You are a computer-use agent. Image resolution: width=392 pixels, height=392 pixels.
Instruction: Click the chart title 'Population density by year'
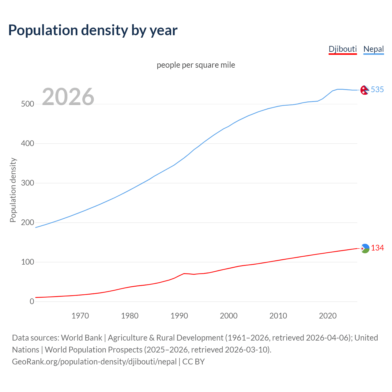pos(93,30)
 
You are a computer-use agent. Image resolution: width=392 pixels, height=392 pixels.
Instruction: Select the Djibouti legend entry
pos(343,49)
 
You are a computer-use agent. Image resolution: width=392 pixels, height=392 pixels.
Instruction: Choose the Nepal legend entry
pos(373,49)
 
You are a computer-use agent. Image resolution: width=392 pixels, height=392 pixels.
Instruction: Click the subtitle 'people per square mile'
pos(196,65)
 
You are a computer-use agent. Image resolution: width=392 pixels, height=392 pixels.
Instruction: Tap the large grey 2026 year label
pos(68,97)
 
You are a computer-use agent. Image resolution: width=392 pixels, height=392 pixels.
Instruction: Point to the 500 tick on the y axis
pos(28,104)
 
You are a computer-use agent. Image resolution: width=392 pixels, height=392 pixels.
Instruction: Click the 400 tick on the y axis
pos(28,144)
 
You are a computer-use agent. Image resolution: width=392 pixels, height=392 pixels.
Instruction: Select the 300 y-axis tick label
pos(28,183)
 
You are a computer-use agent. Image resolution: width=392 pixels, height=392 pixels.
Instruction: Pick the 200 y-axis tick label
pos(28,223)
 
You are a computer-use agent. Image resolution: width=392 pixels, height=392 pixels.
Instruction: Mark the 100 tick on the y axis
pos(28,262)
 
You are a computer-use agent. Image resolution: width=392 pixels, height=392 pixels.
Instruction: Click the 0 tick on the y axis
pos(32,302)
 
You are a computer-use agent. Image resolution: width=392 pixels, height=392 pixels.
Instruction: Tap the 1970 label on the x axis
pos(80,316)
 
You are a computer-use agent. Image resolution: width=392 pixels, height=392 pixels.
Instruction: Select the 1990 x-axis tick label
pos(179,316)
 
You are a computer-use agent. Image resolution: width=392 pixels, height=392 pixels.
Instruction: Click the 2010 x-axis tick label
pos(278,316)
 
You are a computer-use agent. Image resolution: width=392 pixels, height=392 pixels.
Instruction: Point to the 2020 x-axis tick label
pos(328,316)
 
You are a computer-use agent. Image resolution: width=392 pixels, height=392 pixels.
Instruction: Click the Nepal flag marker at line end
pos(364,90)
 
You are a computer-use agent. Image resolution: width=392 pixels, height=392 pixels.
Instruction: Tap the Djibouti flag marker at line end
pos(365,248)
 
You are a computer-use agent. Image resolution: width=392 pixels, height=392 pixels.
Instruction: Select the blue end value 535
pos(377,89)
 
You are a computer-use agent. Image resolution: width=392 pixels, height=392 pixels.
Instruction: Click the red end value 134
pos(377,248)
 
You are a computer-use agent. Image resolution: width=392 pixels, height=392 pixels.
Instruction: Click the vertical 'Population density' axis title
pos(13,190)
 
